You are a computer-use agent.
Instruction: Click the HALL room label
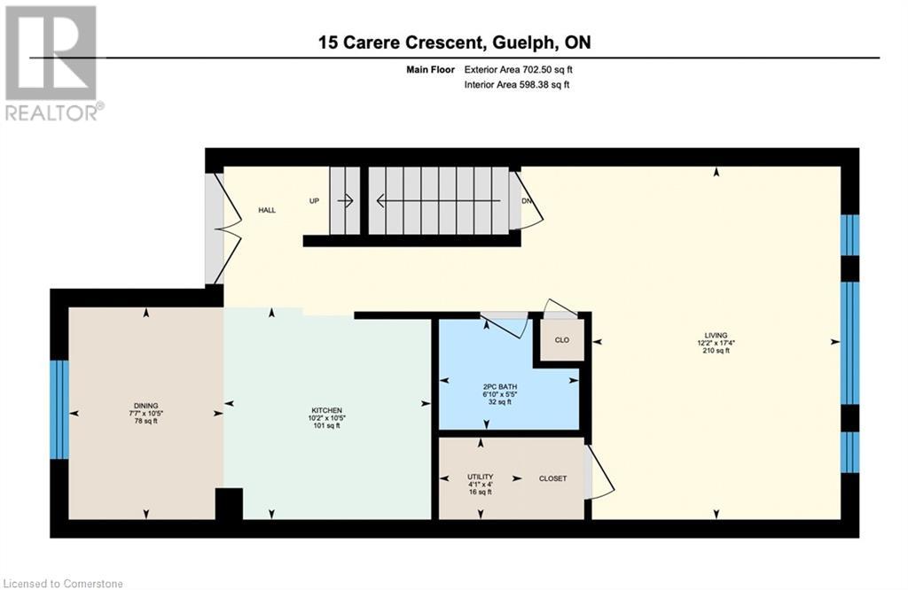[x=267, y=210]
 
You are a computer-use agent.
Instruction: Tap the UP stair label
[x=315, y=201]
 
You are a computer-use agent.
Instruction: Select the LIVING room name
[x=716, y=335]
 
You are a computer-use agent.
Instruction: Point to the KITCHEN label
[x=326, y=410]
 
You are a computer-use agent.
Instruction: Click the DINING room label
[x=146, y=406]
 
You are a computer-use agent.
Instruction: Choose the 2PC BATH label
[x=500, y=386]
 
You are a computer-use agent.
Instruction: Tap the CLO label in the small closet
[x=561, y=340]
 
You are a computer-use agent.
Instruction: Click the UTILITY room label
[x=480, y=477]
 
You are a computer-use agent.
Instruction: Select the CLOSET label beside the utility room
[x=552, y=478]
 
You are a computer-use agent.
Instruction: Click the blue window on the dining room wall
[x=59, y=409]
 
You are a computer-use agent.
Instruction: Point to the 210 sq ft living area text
[x=716, y=350]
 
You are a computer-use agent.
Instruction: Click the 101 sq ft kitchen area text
[x=326, y=425]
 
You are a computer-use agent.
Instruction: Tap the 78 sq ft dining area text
[x=146, y=421]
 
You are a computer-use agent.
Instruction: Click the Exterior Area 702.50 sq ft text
[x=518, y=69]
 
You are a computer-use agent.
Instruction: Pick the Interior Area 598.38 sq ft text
[x=517, y=84]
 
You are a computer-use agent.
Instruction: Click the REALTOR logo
[x=53, y=63]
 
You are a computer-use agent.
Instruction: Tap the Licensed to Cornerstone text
[x=62, y=583]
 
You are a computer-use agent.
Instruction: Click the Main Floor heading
[x=430, y=69]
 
